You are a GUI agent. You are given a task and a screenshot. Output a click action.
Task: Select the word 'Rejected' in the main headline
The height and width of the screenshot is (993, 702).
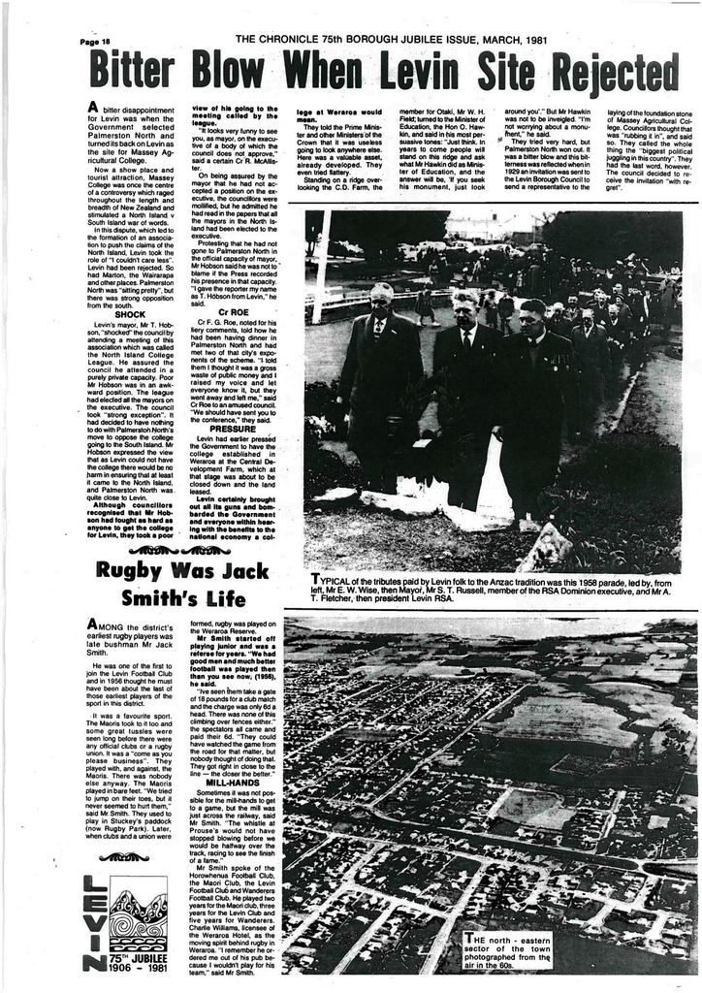615,72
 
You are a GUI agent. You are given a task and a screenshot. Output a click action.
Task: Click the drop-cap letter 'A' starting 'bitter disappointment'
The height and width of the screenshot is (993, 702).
93,108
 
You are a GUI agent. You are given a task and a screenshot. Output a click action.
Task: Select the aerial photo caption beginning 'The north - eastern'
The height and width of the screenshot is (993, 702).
507,950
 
